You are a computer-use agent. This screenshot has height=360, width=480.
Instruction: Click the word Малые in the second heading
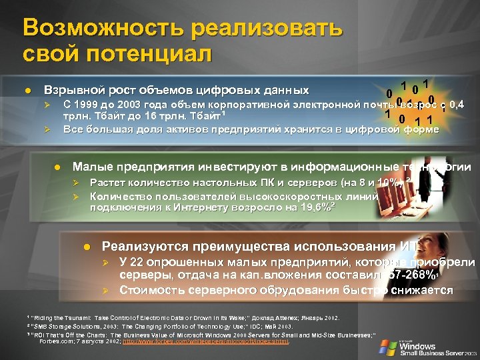pyautogui.click(x=91, y=167)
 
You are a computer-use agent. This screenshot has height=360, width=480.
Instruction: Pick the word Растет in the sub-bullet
pyautogui.click(x=110, y=182)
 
